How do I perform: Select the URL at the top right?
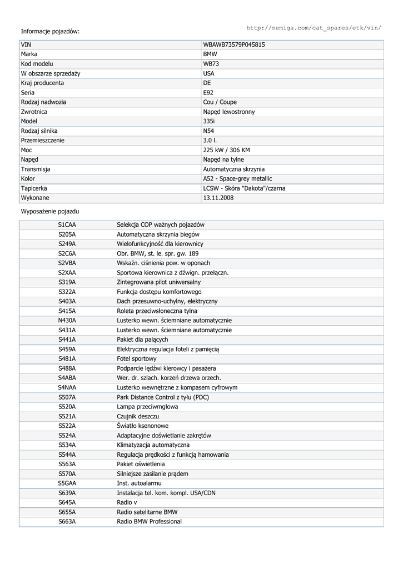coord(314,27)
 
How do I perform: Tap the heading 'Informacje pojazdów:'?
coord(50,31)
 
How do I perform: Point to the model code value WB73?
coord(211,64)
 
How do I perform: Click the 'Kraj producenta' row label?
coord(42,83)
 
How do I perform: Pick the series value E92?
coord(208,93)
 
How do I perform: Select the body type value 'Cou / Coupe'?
coord(220,102)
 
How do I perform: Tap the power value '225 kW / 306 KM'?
coord(226,150)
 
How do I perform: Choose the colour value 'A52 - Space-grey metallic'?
coord(237,179)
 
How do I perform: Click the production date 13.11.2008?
coord(219,198)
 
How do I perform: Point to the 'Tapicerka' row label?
coord(34,188)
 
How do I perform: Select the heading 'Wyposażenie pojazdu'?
coord(50,212)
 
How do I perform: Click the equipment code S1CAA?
coord(67,224)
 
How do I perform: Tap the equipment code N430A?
coord(67,321)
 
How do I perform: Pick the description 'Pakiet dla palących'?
coord(142,340)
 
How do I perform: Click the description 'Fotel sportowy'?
coord(137,359)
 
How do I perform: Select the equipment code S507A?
coord(67,397)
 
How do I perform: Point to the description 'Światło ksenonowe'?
coord(142,426)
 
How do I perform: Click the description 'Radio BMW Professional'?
coord(149,522)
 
